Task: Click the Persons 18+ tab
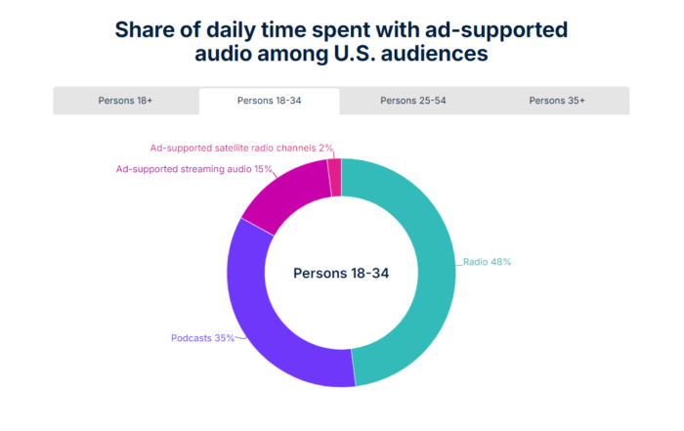click(125, 101)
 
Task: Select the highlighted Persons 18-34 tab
click(269, 101)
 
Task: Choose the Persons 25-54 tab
click(411, 101)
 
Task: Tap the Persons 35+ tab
click(557, 101)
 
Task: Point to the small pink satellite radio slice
click(335, 176)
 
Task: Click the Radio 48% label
click(488, 262)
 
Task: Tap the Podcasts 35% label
click(202, 338)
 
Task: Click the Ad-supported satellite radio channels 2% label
click(241, 148)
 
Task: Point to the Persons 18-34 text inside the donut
click(341, 274)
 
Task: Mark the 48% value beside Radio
click(501, 262)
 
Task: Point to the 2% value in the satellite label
click(326, 148)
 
